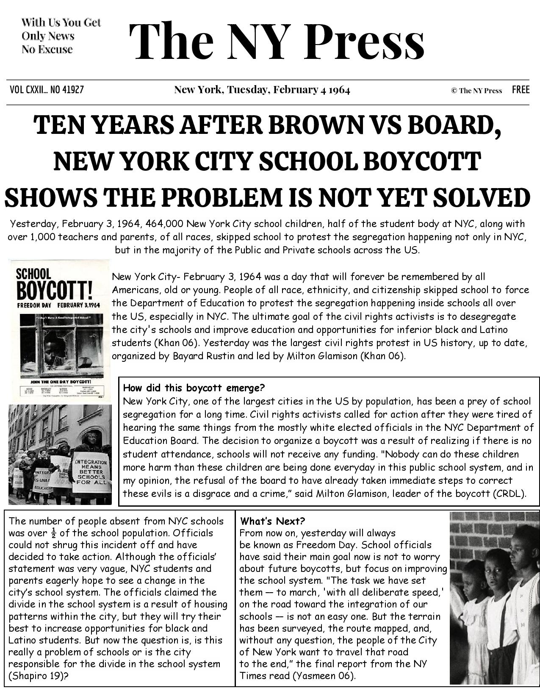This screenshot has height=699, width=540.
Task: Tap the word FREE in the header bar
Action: [521, 90]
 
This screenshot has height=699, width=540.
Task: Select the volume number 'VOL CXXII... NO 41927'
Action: [47, 90]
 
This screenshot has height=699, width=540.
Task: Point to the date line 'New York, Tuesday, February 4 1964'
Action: [262, 90]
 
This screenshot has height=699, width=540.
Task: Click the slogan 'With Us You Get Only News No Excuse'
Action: [61, 36]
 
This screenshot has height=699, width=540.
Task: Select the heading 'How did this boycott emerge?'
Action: [194, 388]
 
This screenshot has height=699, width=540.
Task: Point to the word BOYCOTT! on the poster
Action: [54, 291]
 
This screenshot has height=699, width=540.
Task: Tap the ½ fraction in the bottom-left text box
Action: [53, 533]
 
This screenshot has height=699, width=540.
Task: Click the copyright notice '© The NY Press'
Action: [476, 90]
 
